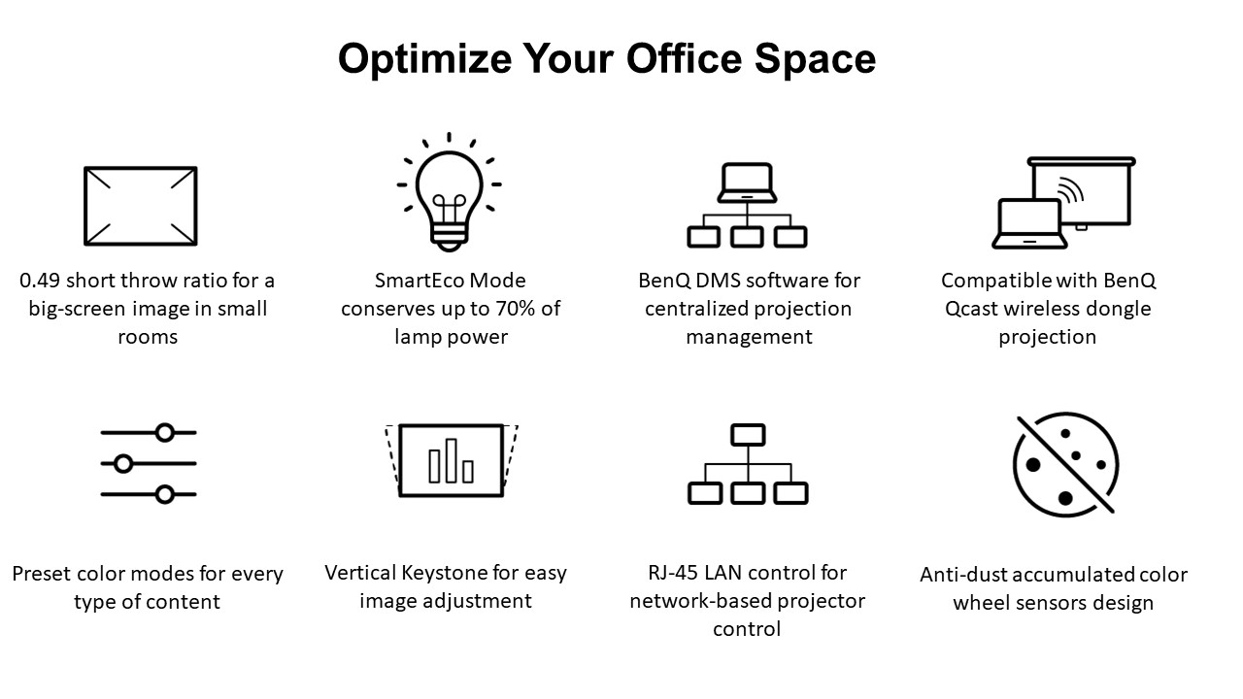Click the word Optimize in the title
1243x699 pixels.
[424, 59]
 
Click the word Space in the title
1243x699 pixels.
[815, 59]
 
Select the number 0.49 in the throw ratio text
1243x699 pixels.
[40, 281]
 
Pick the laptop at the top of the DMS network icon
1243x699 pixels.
[747, 183]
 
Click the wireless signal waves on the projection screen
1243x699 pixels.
[1071, 190]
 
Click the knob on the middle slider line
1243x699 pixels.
[123, 463]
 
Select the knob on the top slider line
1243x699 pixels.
[165, 432]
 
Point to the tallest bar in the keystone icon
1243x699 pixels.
[452, 460]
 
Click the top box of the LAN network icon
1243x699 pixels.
[748, 435]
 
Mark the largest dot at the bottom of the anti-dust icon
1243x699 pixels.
[1065, 498]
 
